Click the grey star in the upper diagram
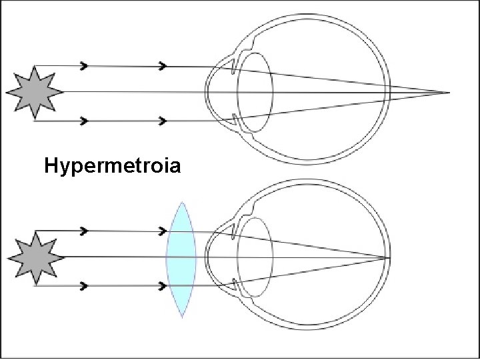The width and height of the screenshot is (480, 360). (35, 92)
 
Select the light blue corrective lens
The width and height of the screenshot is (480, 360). (181, 259)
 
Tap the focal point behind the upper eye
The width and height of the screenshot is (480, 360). (448, 91)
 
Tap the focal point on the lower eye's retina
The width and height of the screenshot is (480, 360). (389, 257)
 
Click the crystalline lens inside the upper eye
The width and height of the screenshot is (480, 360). (255, 91)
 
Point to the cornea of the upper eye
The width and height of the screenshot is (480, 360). (209, 91)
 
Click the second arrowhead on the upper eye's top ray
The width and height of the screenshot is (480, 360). (163, 66)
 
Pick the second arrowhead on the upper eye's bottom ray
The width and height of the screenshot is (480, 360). (163, 121)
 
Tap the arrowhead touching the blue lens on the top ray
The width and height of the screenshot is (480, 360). (163, 231)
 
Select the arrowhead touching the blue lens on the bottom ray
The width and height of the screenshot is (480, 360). (163, 285)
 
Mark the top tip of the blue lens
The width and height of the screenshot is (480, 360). (181, 203)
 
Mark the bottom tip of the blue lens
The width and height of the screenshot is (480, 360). (181, 317)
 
